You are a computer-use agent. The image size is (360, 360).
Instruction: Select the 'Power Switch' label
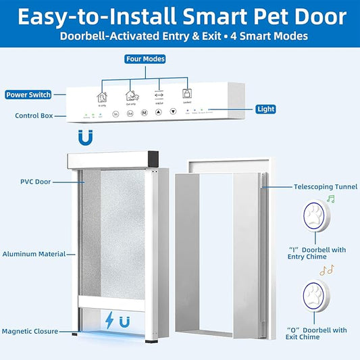(x=29, y=95)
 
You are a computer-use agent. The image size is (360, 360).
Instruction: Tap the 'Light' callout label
(x=265, y=108)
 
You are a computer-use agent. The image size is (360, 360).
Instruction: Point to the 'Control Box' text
(x=34, y=115)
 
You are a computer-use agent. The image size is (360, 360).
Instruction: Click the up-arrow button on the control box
(x=159, y=113)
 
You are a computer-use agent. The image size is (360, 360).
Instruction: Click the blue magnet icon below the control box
(x=84, y=137)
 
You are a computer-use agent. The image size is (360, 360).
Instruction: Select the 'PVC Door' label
(x=36, y=182)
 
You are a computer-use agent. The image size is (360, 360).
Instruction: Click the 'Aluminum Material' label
(x=34, y=254)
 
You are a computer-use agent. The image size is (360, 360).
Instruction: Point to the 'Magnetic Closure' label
(x=34, y=331)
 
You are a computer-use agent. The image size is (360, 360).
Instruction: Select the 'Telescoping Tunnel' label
(x=320, y=186)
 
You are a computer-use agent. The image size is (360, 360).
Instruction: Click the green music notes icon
(x=330, y=199)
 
